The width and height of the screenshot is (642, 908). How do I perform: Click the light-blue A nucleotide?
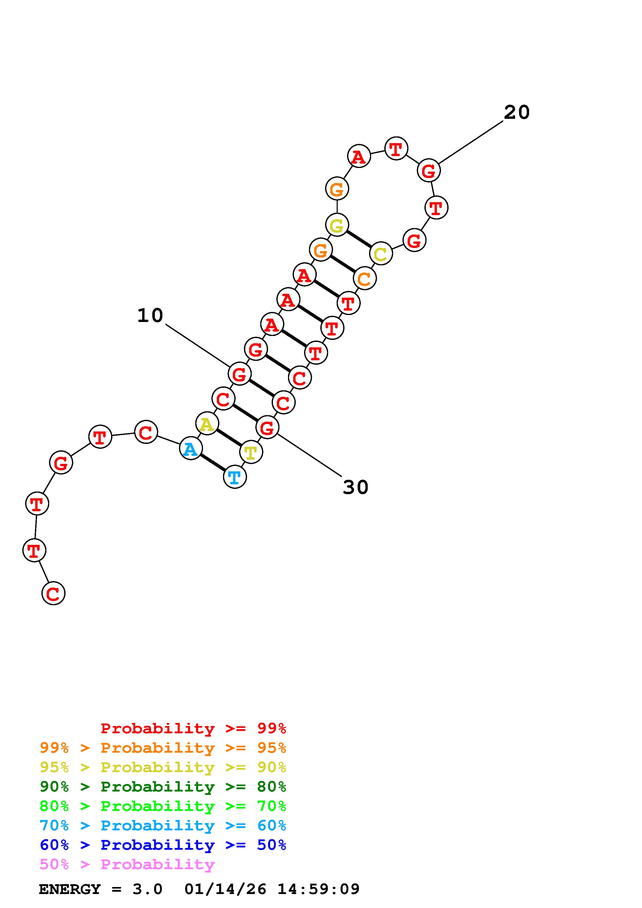(191, 449)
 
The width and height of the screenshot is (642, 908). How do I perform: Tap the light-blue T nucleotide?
(235, 477)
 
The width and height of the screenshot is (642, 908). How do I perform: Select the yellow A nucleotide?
(207, 423)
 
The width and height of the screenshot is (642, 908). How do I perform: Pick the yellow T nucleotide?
(251, 452)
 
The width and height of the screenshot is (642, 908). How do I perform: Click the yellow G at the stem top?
(337, 225)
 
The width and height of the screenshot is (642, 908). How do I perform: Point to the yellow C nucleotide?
(380, 253)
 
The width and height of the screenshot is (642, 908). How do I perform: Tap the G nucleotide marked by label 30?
(267, 427)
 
